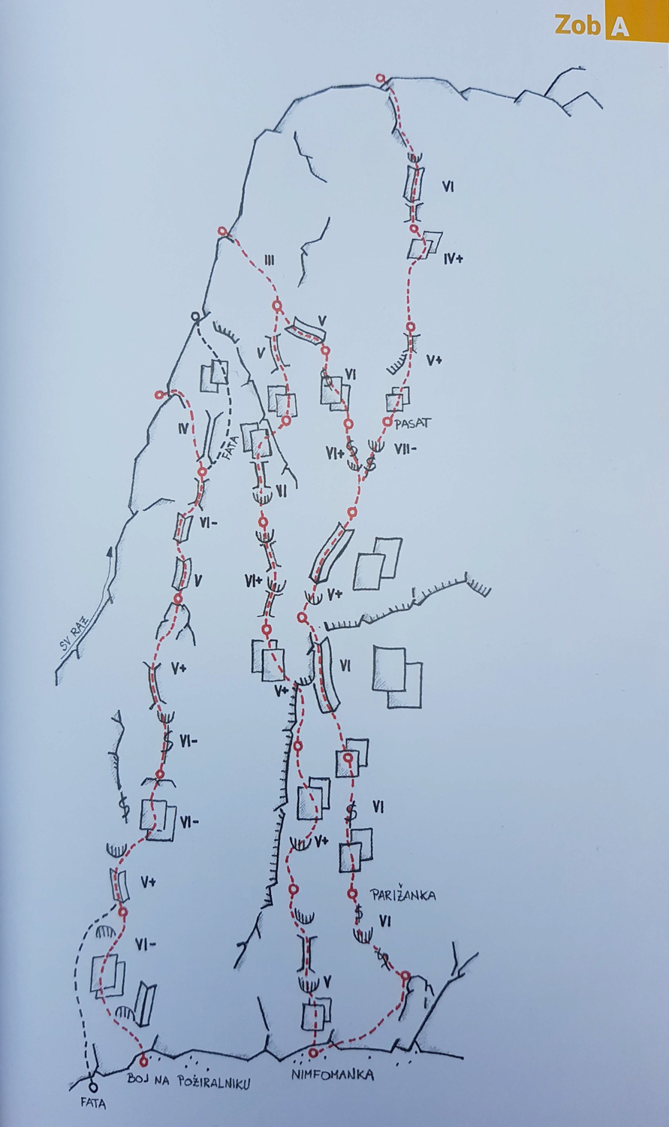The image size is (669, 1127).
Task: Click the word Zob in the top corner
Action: [577, 26]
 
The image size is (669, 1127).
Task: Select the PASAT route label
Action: [413, 423]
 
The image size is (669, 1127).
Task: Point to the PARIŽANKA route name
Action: [403, 895]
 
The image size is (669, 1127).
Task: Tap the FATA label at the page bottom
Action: [94, 1104]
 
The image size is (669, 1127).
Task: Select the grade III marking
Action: [269, 260]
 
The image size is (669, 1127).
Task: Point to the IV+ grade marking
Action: [454, 259]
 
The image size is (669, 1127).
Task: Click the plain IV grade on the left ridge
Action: [183, 429]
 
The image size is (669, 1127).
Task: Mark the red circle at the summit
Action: [381, 78]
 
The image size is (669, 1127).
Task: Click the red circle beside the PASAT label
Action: [387, 421]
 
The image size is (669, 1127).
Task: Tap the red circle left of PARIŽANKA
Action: [352, 893]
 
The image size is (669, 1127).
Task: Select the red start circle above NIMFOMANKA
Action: [313, 1053]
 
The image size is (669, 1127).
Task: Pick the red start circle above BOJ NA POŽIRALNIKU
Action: [143, 1061]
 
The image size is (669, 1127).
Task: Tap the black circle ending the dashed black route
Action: [195, 316]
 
